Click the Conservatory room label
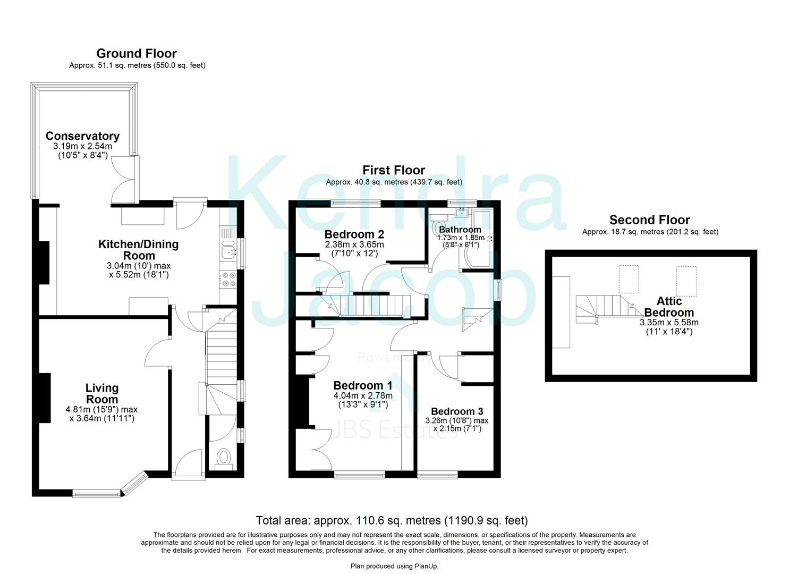82,136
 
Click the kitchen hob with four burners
229,280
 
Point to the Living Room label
102,394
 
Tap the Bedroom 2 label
354,234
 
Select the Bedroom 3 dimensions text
456,424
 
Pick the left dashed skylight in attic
629,280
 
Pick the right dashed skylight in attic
686,281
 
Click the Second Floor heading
649,220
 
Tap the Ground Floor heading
137,53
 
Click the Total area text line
392,520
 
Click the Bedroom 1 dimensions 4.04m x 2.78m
363,395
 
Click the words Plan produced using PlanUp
394,567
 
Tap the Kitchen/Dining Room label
138,250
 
